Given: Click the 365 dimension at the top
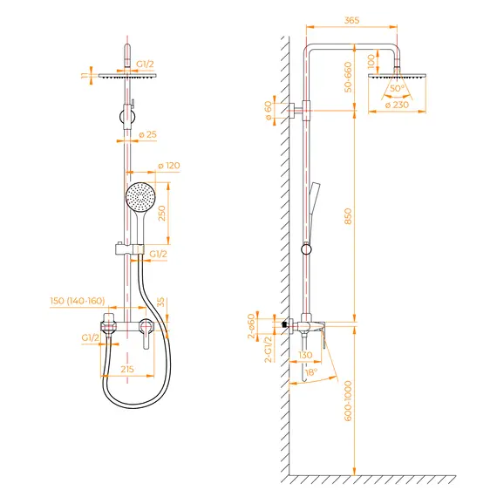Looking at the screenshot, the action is coord(351,20).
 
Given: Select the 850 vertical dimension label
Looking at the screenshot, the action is coord(348,216).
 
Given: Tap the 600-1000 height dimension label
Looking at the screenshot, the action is coord(348,401).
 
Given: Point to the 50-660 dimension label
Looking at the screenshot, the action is coord(348,77).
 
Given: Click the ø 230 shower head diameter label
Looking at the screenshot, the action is coord(397,105).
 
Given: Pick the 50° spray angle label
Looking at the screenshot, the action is coord(397,88).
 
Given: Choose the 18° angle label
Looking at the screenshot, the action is coord(311,372).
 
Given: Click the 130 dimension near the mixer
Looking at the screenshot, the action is coord(305,355).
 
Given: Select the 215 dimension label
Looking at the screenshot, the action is coord(127,369).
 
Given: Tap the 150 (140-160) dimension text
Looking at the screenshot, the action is coord(78,301).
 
